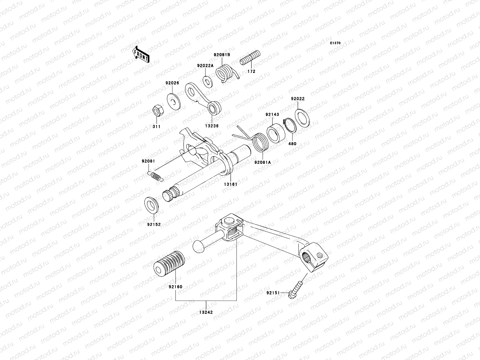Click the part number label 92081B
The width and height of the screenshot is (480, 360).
tap(222, 55)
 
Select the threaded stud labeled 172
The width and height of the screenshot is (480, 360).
tap(250, 58)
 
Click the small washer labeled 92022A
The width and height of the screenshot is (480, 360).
tap(206, 81)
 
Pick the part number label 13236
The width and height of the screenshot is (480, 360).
tap(212, 126)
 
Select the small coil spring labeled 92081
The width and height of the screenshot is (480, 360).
tap(156, 176)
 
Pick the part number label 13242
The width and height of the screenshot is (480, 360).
tap(206, 312)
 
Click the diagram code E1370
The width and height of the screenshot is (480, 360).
tap(335, 43)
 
